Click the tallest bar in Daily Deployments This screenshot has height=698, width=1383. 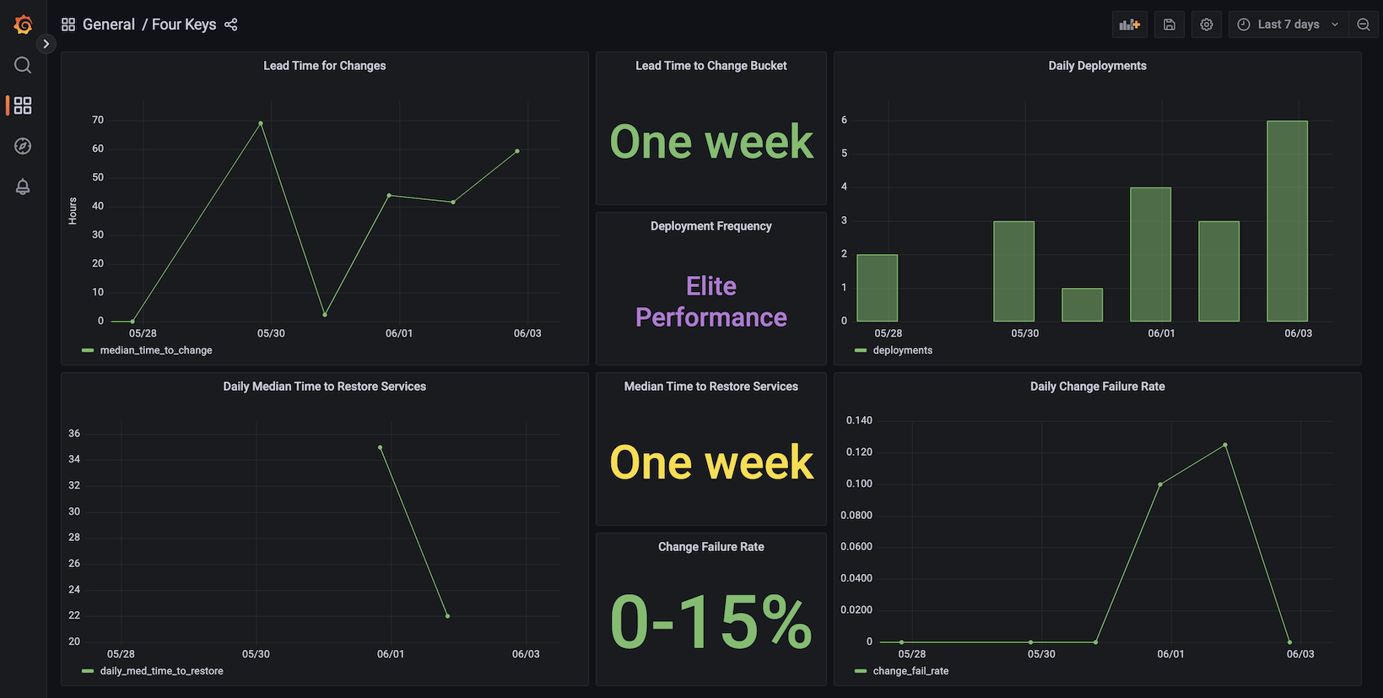point(1287,221)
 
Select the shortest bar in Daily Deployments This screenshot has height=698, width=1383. point(1082,305)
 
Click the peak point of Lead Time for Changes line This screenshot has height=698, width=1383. point(260,123)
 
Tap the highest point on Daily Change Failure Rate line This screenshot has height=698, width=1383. point(1224,445)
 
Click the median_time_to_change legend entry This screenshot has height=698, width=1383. point(155,350)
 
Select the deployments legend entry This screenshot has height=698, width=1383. point(902,350)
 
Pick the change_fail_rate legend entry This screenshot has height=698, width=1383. point(910,671)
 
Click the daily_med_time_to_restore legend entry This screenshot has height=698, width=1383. point(161,671)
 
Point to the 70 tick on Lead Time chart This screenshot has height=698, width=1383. point(98,120)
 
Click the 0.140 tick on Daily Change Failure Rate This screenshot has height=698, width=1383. point(859,420)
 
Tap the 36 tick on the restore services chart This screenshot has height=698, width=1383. point(74,434)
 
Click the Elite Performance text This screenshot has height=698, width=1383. point(710,301)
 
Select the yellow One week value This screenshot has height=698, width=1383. point(710,463)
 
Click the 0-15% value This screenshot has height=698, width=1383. point(710,623)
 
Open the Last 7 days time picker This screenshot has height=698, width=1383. point(1288,24)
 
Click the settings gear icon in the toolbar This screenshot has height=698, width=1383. point(1206,24)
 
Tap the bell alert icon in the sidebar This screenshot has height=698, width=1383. point(23,187)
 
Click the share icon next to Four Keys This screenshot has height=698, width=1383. point(231,24)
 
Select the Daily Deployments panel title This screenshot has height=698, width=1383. point(1097,66)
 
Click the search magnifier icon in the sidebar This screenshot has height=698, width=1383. point(23,65)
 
